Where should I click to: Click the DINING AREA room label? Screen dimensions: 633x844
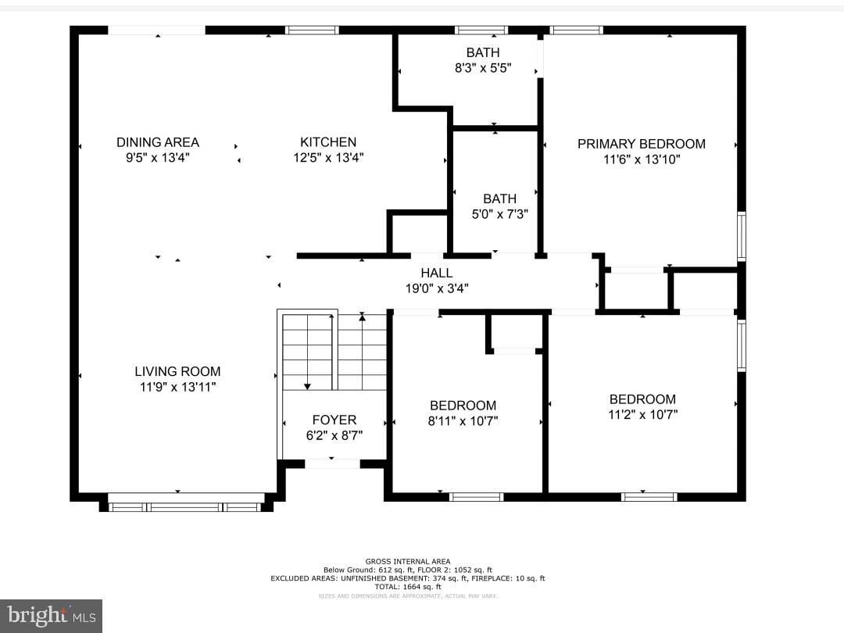pos(158,142)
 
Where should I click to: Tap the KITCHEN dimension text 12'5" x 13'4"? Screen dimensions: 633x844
pos(328,157)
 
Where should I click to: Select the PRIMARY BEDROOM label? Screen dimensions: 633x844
pos(641,144)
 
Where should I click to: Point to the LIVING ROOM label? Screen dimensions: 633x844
pos(177,372)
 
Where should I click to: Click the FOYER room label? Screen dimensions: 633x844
pos(334,420)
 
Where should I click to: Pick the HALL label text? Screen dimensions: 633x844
pos(436,273)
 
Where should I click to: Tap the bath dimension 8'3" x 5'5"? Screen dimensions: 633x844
pos(483,68)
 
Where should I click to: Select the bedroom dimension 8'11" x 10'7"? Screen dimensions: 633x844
pos(463,420)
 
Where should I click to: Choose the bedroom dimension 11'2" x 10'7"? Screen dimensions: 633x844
pos(642,414)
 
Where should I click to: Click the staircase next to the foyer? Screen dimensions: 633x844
pos(334,351)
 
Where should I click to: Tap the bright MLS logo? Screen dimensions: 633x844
pos(51,616)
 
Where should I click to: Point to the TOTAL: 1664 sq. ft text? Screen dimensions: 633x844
pos(407,586)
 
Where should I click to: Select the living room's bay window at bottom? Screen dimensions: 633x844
pos(186,506)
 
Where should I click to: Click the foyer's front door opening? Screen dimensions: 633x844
pos(332,463)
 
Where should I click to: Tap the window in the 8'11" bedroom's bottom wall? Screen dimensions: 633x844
pos(476,496)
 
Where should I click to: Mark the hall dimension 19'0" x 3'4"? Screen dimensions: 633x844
pos(436,288)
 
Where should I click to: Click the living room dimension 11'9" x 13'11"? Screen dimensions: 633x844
pos(177,386)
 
